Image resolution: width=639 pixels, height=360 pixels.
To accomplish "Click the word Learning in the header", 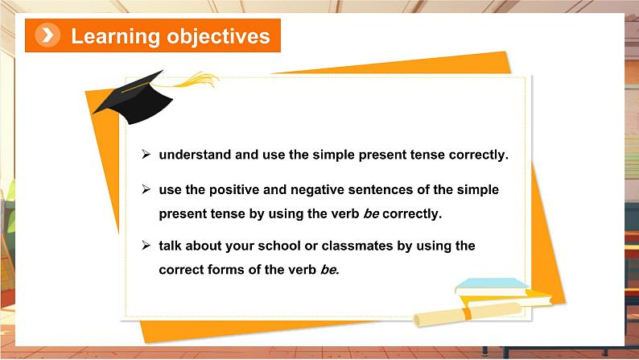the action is pyautogui.click(x=115, y=37).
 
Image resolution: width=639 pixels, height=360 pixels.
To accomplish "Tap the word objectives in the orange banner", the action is pyautogui.click(x=218, y=36).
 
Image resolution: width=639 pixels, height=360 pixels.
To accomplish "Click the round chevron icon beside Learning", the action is pyautogui.click(x=47, y=35).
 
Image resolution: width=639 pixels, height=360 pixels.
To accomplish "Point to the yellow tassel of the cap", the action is pyautogui.click(x=192, y=81).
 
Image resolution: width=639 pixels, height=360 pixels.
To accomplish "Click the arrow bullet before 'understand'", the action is pyautogui.click(x=146, y=154).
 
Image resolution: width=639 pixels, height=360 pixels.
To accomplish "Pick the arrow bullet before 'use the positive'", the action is pyautogui.click(x=146, y=189).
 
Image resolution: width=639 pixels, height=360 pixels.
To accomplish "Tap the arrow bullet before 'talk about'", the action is pyautogui.click(x=146, y=245).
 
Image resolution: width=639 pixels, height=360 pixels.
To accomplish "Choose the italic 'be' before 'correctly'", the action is pyautogui.click(x=371, y=213).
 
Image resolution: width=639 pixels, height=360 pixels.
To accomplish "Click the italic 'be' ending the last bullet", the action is pyautogui.click(x=329, y=270).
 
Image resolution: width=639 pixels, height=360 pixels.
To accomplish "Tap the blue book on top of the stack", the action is pyautogui.click(x=491, y=287).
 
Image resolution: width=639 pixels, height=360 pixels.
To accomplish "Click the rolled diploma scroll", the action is pyautogui.click(x=468, y=315).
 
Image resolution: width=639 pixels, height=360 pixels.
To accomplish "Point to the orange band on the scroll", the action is pyautogui.click(x=467, y=313).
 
